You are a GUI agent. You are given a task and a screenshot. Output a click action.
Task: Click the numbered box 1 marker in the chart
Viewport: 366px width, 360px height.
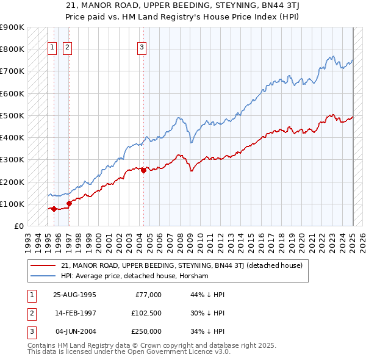[x=52, y=48]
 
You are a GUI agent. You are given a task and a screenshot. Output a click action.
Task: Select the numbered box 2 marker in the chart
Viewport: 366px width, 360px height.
[x=66, y=48]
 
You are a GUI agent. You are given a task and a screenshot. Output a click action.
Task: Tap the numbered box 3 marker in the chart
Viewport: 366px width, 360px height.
[x=142, y=48]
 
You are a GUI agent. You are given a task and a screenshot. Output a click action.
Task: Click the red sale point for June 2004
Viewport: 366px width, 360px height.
[x=143, y=171]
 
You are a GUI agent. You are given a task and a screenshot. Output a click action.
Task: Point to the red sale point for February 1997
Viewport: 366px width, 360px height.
[x=69, y=204]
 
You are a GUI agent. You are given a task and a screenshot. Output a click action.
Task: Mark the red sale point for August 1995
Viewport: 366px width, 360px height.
[x=54, y=209]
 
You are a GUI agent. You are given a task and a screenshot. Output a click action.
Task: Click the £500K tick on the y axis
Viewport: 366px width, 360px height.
[x=12, y=115]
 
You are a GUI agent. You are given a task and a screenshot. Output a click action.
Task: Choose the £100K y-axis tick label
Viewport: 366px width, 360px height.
[x=12, y=204]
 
